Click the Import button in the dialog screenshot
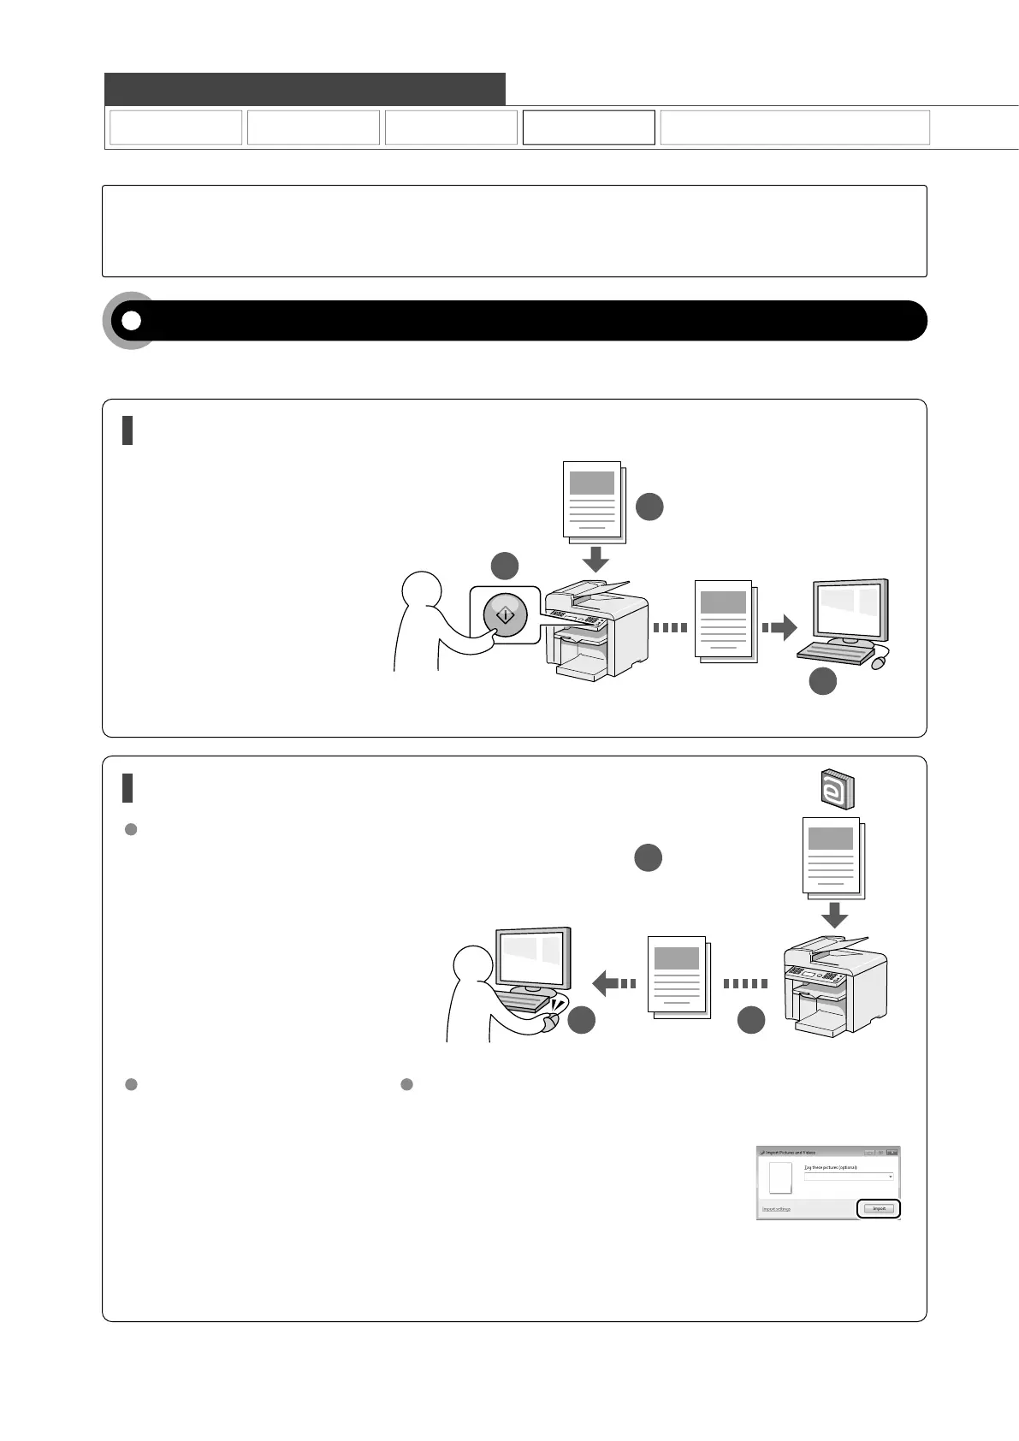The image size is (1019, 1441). pos(879,1208)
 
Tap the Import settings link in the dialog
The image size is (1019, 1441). pos(777,1209)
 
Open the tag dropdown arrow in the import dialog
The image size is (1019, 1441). pos(890,1177)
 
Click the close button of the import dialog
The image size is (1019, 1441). pos(892,1153)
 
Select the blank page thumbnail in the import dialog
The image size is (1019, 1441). pos(780,1177)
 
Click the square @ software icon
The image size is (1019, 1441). pos(832,789)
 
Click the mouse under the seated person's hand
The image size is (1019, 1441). pos(552,1021)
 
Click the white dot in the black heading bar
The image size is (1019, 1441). pos(131,320)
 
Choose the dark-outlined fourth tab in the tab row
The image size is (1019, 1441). pos(589,127)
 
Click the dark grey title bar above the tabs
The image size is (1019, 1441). pos(305,89)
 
